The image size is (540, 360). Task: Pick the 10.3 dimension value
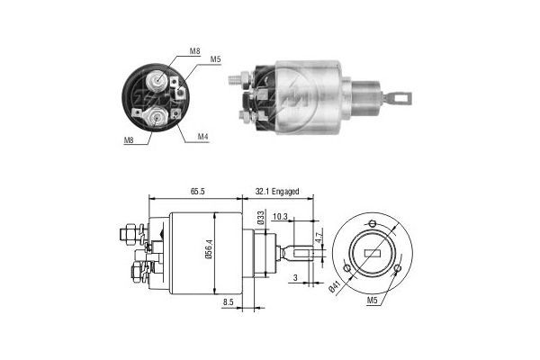click(x=279, y=217)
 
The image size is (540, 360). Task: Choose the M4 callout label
click(x=204, y=138)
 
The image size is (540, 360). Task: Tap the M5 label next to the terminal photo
click(x=215, y=60)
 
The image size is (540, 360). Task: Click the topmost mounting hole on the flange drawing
click(x=371, y=225)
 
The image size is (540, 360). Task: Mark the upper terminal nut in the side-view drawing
click(x=129, y=236)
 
